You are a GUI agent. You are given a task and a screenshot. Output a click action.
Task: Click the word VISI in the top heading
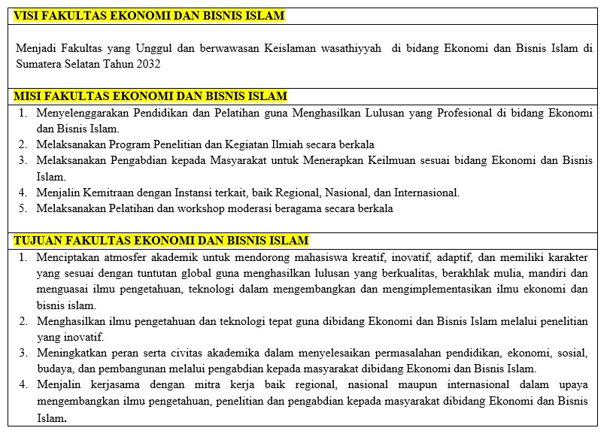[29, 16]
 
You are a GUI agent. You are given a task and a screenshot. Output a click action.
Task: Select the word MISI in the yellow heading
[30, 96]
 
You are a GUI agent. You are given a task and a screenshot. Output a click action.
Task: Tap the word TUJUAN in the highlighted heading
[38, 240]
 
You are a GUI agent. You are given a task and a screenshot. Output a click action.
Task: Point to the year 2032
[147, 64]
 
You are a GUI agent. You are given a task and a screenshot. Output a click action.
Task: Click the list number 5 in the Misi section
[23, 208]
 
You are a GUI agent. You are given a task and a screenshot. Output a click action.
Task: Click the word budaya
[53, 369]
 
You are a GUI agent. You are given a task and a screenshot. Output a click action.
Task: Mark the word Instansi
[196, 193]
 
